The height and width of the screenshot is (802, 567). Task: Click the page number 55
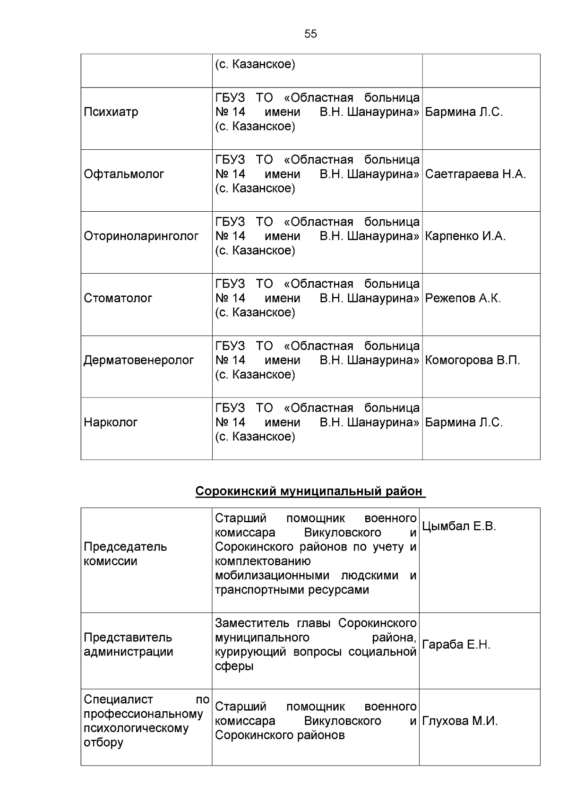310,34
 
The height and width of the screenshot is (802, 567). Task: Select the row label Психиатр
111,112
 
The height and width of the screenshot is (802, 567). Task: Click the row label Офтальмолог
124,174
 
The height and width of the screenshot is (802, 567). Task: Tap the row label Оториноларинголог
141,236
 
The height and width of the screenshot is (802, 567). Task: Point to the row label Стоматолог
118,298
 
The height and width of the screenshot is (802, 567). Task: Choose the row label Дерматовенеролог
138,360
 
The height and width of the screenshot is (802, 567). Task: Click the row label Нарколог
111,422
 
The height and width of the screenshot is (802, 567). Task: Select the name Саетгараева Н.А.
475,174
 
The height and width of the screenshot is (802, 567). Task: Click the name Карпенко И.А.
465,236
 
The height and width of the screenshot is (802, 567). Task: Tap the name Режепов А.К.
463,298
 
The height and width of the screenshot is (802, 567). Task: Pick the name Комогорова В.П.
472,360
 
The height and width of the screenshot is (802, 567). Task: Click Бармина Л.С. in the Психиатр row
464,112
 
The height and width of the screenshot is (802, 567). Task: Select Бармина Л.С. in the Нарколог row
464,422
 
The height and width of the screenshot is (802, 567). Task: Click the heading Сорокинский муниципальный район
309,492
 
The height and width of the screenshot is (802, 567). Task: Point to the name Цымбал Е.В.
458,526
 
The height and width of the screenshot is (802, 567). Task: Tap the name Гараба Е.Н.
456,645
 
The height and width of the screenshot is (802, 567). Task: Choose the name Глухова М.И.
459,721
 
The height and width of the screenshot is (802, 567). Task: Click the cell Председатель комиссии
125,554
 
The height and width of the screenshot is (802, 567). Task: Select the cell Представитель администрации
128,645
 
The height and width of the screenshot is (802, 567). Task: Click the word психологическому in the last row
136,728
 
